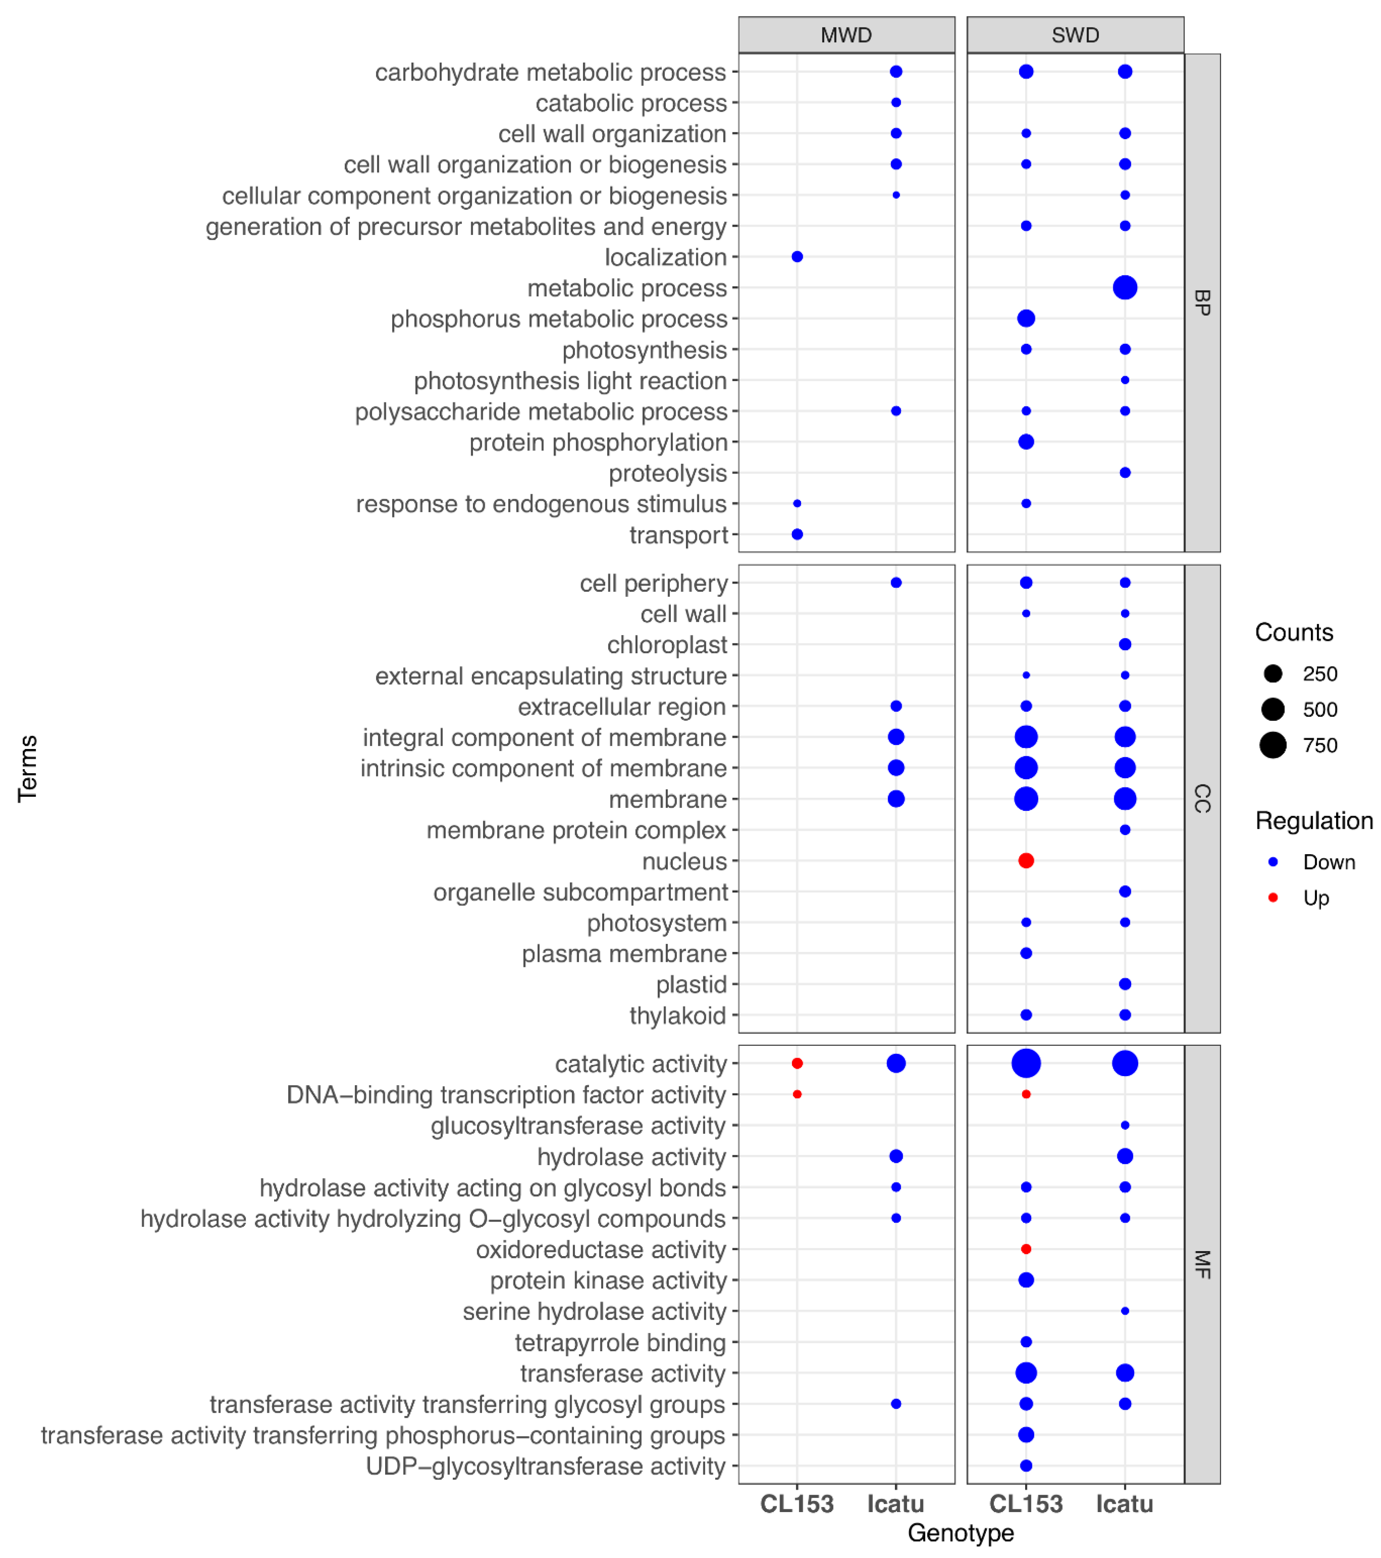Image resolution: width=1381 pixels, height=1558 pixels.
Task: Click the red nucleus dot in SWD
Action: [x=1026, y=861]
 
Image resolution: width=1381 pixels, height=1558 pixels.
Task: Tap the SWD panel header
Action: [x=1075, y=35]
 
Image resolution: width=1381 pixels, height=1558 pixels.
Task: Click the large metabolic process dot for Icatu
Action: [x=1125, y=287]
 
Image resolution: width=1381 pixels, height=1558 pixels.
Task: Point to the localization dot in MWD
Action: [x=797, y=257]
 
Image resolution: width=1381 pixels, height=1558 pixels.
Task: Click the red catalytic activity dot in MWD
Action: [x=797, y=1063]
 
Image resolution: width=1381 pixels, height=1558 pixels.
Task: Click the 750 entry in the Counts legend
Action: [x=1319, y=745]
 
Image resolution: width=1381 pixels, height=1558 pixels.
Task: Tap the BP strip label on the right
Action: [x=1202, y=303]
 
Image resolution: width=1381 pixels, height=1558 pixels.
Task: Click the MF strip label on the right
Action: [x=1202, y=1264]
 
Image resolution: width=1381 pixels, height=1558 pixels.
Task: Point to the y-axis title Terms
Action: [x=27, y=768]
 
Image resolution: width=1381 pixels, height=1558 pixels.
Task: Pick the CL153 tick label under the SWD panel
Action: [x=1026, y=1504]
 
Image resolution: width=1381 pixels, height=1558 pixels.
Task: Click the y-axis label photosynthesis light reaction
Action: [x=570, y=380]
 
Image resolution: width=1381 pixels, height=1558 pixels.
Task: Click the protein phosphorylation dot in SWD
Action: [x=1026, y=441]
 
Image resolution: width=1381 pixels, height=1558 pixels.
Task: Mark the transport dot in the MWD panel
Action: [x=797, y=534]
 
